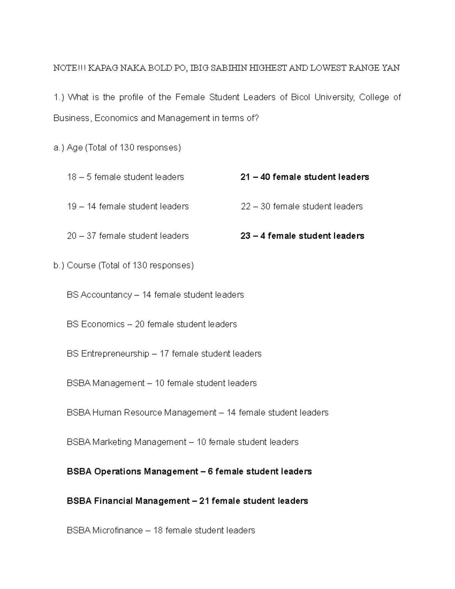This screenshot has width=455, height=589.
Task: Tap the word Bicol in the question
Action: coord(300,97)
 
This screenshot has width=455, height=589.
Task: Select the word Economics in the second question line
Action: coord(116,118)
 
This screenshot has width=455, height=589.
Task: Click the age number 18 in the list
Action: coord(72,177)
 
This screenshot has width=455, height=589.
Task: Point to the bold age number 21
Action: coord(245,177)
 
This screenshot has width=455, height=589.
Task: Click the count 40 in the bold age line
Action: coord(265,177)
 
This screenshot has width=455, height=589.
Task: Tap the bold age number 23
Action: coord(245,236)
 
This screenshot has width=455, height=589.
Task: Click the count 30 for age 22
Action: coord(265,207)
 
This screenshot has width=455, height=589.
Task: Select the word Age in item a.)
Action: coord(75,148)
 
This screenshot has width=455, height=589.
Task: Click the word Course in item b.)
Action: coord(81,265)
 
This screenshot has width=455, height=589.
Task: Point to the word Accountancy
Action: coord(106,295)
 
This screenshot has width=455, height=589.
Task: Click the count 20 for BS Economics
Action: coord(140,324)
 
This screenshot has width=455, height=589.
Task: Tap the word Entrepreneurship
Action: coord(115,354)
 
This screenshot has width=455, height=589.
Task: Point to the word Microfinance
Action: coord(118,531)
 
